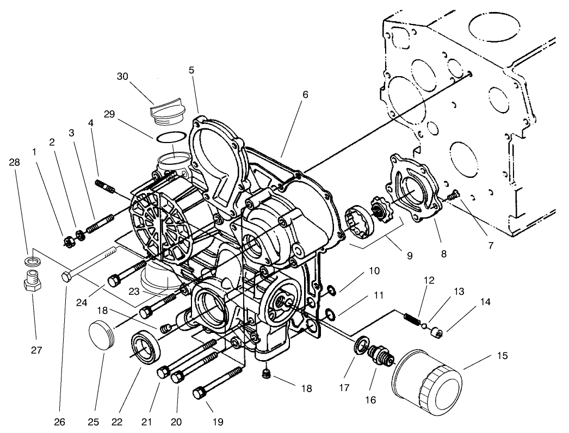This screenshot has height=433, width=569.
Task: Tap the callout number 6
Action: (305, 94)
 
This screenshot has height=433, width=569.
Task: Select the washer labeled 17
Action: (360, 348)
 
